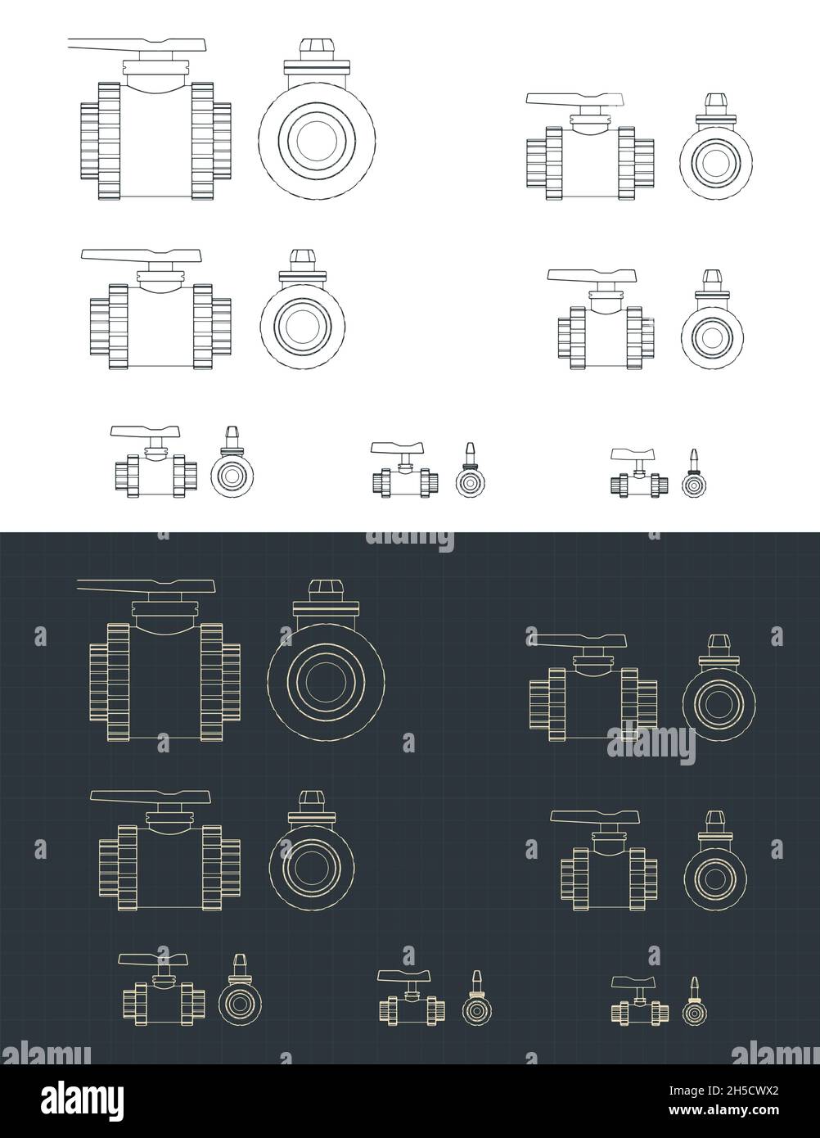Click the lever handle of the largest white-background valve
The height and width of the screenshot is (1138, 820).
click(x=139, y=46)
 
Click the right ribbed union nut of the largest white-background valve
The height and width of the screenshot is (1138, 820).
click(x=202, y=140)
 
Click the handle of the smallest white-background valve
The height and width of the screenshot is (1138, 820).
click(x=633, y=454)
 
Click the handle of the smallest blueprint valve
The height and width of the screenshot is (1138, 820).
click(x=633, y=982)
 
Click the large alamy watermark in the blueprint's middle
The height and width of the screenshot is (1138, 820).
click(x=651, y=745)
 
